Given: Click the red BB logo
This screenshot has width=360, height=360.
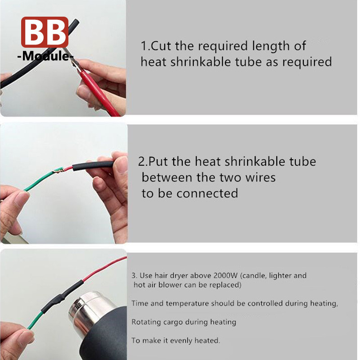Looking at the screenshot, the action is click(x=45, y=32).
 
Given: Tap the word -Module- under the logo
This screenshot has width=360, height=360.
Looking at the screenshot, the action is click(x=45, y=56).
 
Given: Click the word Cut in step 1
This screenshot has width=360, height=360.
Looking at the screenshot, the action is click(x=161, y=46).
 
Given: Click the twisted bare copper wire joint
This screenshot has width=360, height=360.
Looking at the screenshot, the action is click(x=58, y=171).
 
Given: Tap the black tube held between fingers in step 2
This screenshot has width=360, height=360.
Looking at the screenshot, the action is click(x=93, y=166).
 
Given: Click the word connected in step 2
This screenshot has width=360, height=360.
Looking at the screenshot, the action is click(x=207, y=193).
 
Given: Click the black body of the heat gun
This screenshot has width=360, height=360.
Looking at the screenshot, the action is click(x=108, y=337).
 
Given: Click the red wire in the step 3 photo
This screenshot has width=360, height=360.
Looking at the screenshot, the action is click(x=104, y=269).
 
